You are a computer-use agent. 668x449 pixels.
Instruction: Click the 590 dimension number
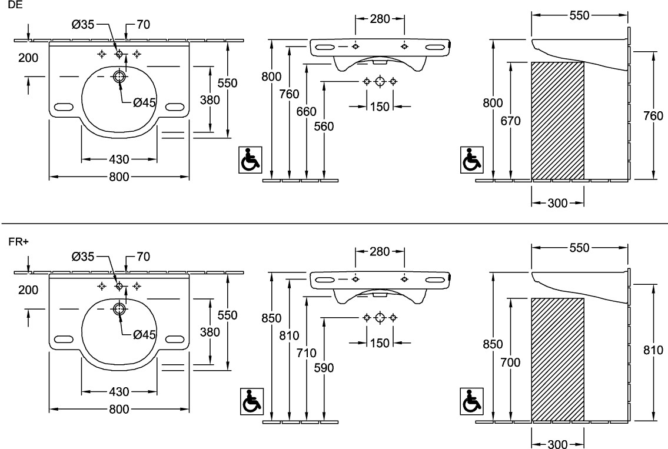point(324,368)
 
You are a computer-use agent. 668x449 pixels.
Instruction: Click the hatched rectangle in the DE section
point(557,121)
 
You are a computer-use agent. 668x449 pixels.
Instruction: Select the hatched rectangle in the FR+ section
point(557,360)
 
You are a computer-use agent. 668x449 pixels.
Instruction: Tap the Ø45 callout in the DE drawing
point(144,102)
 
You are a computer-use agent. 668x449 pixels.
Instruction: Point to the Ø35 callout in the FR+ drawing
point(83,257)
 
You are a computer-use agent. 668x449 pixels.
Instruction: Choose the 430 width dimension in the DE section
point(118,159)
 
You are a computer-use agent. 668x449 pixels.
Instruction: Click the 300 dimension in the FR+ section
point(557,444)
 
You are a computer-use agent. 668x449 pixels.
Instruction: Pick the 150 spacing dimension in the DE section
point(380,107)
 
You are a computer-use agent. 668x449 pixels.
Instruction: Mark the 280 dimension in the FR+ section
point(380,252)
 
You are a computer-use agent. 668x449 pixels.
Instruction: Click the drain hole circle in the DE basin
point(119,77)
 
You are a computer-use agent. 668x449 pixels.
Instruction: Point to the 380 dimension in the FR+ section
point(209,332)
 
